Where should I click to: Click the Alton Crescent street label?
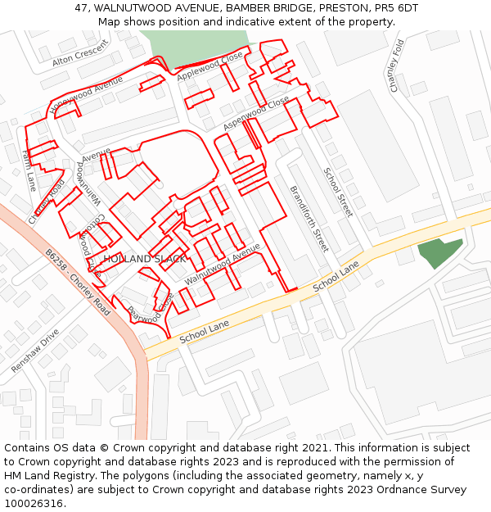79,54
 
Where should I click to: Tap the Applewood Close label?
210,66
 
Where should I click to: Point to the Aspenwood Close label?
256,113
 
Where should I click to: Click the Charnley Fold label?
397,66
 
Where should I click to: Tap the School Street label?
337,192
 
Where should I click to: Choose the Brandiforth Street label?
309,218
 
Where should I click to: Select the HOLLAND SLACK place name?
145,259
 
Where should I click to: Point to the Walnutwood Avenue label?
222,264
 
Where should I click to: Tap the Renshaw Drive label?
35,351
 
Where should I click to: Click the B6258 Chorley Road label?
79,283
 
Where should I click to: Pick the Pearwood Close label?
150,310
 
